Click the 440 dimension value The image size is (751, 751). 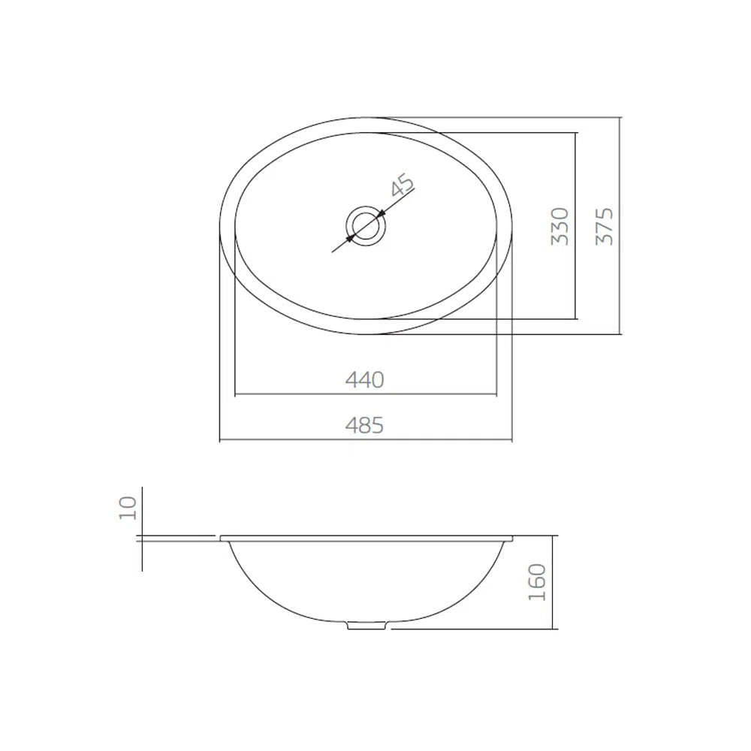point(365,380)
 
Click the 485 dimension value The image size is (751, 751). point(365,426)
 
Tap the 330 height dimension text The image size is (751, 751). point(559,226)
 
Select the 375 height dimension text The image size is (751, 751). point(605,225)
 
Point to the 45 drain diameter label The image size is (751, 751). point(402,185)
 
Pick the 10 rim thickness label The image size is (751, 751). point(128,508)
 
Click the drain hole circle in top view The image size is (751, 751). point(366,225)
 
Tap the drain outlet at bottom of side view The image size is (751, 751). point(368,624)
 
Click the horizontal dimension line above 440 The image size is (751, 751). point(365,394)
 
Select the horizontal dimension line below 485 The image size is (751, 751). point(365,440)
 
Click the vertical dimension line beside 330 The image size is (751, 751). point(576,225)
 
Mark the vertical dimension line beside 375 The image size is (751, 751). point(622,225)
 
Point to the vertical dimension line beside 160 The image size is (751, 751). point(553,583)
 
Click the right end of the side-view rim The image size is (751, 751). point(510,538)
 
